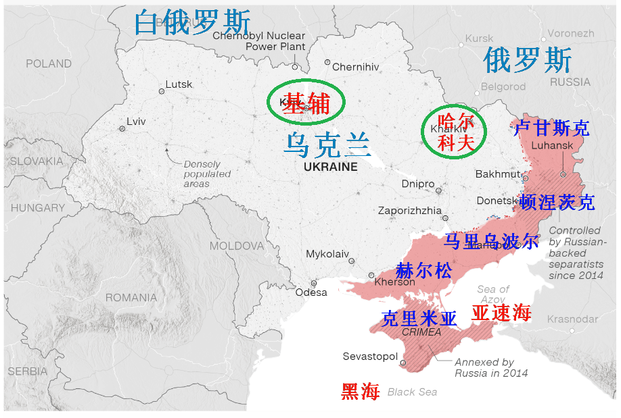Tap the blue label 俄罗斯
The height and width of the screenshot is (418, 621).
pyautogui.click(x=527, y=61)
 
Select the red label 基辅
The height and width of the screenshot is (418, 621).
pyautogui.click(x=306, y=104)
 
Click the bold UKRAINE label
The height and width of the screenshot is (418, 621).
pyautogui.click(x=330, y=167)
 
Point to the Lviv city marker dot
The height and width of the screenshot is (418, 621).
pyautogui.click(x=122, y=128)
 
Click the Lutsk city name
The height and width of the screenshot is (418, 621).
pyautogui.click(x=179, y=84)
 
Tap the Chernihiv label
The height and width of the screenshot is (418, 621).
pyautogui.click(x=356, y=66)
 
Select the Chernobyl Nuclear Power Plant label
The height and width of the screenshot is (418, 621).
pyautogui.click(x=258, y=41)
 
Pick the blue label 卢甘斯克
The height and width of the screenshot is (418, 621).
pyautogui.click(x=551, y=128)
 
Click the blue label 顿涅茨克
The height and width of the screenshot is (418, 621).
pyautogui.click(x=557, y=201)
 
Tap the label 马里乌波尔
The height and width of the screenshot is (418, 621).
pyautogui.click(x=491, y=241)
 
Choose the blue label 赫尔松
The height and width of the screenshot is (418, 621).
pyautogui.click(x=423, y=271)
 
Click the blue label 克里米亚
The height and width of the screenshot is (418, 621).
pyautogui.click(x=419, y=318)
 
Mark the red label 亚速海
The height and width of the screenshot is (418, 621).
pyautogui.click(x=501, y=313)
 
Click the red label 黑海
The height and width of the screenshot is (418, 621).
pyautogui.click(x=361, y=391)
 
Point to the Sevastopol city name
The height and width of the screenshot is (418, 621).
pyautogui.click(x=370, y=357)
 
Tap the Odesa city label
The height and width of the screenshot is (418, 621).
pyautogui.click(x=311, y=292)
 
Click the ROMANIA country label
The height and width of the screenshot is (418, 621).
pyautogui.click(x=131, y=297)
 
